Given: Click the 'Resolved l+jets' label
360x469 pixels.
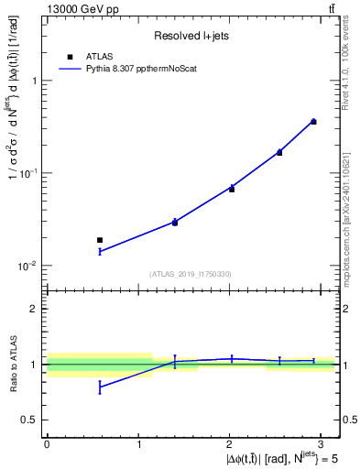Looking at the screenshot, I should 191,36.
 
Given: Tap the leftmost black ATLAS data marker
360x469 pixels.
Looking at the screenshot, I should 100,240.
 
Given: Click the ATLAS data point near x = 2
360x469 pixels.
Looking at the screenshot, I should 232,189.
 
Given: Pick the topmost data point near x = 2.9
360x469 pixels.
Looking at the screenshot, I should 313,121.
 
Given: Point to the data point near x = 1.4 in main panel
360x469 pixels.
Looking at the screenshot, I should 175,222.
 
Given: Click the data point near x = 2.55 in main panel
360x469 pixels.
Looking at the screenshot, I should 279,152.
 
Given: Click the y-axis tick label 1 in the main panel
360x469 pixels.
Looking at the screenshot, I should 34,81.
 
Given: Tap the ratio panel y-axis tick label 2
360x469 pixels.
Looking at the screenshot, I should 34,309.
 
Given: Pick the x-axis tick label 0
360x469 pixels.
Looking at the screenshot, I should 47,442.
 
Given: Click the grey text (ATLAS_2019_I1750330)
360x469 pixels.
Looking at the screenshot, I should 191,274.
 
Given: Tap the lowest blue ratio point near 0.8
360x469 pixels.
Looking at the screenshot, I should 100,387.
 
